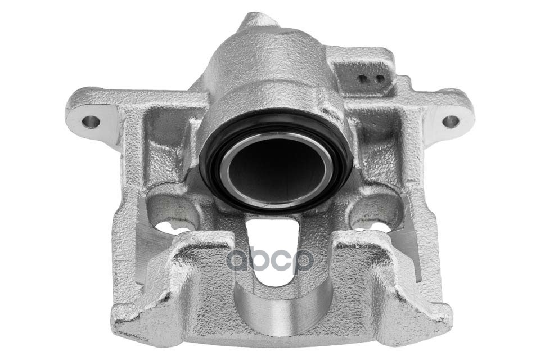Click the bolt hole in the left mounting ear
pyautogui.click(x=91, y=121)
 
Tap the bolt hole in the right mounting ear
pyautogui.click(x=451, y=121)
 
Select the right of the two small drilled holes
pyautogui.click(x=379, y=79)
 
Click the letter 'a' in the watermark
pyautogui.click(x=240, y=260)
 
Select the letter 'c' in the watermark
pyautogui.click(x=282, y=260)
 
